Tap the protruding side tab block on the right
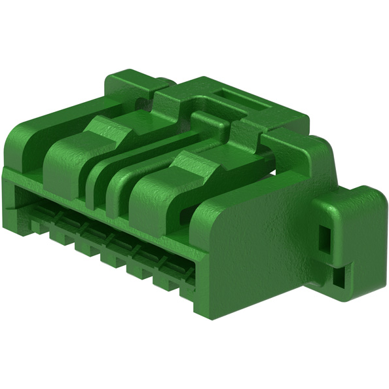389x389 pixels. coord(347,236)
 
